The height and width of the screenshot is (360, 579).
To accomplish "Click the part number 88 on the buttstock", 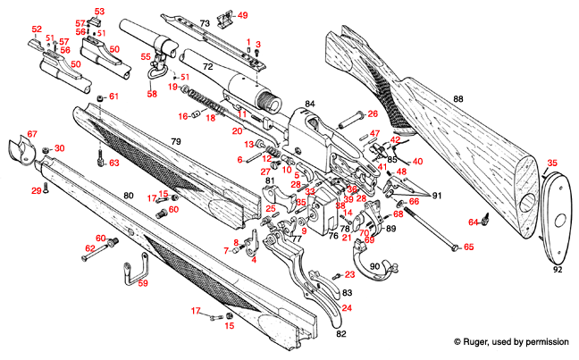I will tap(458, 98).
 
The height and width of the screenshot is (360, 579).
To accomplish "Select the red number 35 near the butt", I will tap(551, 163).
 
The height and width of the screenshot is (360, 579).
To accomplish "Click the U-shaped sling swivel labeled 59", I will tap(134, 269).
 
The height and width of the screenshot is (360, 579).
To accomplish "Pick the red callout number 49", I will tap(242, 15).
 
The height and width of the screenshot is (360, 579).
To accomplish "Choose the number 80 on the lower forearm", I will tap(128, 195).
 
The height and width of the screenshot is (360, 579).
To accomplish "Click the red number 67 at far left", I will tap(32, 134).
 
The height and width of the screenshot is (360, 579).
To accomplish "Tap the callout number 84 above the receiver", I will tap(310, 105).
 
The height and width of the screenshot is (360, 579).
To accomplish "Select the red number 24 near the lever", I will tap(346, 307).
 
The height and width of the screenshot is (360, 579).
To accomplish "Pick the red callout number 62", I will tap(89, 248).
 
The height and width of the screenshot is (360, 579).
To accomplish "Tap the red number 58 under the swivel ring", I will tap(151, 93).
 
